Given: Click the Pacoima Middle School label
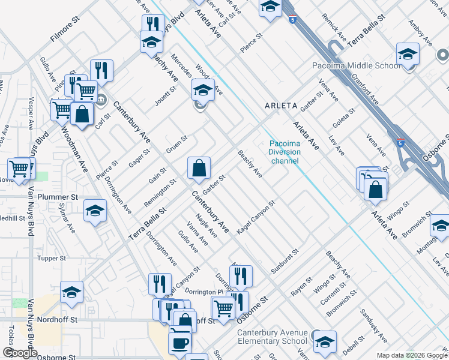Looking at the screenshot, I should [357, 65].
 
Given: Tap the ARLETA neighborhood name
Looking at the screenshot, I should [282, 106].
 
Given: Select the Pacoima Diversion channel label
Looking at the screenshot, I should [285, 152].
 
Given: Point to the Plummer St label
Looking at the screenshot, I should [58, 197].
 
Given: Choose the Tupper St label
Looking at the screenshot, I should [51, 259].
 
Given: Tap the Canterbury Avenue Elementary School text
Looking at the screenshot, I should [273, 337].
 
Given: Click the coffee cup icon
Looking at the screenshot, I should [179, 343].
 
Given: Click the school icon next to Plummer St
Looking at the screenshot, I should [95, 211].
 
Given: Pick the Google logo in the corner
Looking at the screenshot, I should [20, 353].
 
